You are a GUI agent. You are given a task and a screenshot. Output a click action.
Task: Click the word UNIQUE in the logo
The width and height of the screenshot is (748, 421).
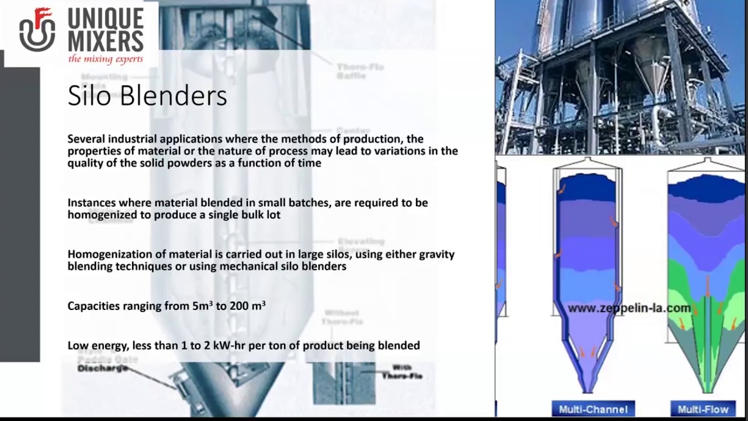coord(105,19)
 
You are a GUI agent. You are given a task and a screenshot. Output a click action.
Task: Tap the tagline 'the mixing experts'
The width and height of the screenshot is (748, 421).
coord(105,59)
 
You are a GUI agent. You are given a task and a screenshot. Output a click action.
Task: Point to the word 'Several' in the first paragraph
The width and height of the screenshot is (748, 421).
coord(85,139)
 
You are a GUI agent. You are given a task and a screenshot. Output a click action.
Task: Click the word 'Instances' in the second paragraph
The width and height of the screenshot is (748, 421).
coord(91,203)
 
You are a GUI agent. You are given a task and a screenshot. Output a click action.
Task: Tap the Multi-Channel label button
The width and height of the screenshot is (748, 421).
coord(593,409)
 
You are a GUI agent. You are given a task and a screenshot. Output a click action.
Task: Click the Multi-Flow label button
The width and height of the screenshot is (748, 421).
coord(702,409)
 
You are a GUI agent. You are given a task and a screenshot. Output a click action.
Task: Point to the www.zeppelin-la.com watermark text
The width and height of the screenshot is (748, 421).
coord(629,308)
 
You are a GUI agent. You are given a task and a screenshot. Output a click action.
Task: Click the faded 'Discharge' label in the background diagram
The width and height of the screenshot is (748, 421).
coord(102,368)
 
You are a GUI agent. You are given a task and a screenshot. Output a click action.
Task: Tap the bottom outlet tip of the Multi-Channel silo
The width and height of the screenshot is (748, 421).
coord(587,388)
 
